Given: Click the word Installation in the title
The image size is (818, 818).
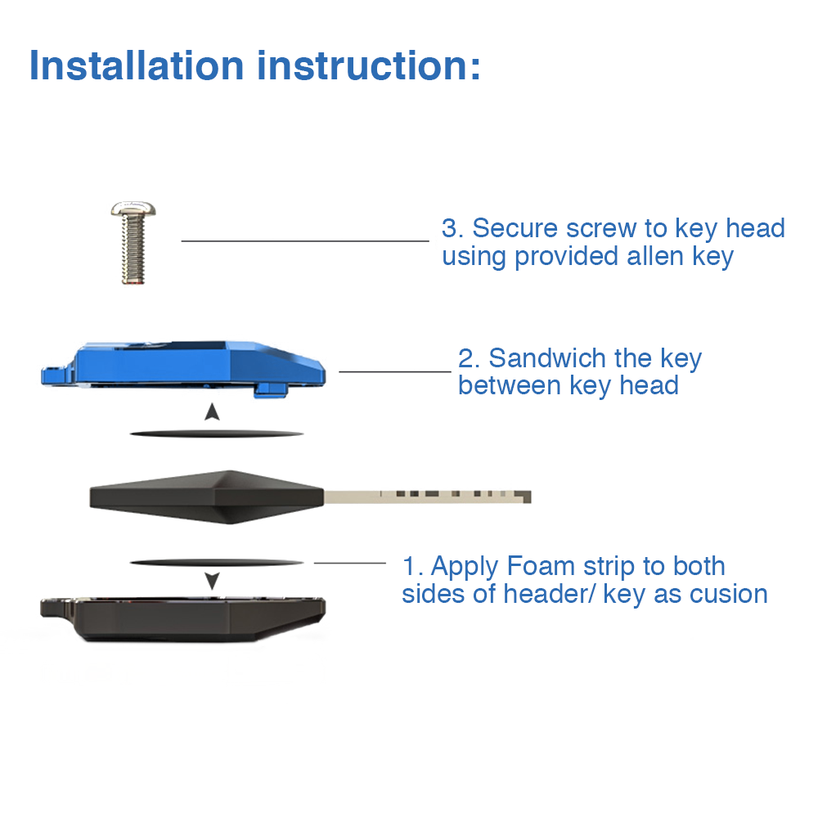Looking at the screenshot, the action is pos(137,65).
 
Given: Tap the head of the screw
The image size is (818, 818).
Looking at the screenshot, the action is pos(133,209).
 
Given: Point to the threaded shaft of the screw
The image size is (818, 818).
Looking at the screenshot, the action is pos(134,250).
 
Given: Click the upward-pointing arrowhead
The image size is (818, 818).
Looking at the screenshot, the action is pos(212,411).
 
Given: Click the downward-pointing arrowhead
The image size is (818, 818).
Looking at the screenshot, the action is pos(212,581).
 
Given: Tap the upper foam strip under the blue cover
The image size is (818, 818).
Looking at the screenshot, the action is pos(217,434).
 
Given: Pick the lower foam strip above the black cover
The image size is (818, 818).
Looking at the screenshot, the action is pos(217,563).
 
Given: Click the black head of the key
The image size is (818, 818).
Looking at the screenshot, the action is pos(207,497).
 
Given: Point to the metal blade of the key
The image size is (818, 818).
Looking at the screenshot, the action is pos(427,497).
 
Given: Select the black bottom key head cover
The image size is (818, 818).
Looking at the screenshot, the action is pos(183,620).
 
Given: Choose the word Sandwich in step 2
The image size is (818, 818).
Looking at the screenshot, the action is pos(547,358).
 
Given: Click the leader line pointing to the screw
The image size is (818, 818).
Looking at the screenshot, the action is pos(305,241).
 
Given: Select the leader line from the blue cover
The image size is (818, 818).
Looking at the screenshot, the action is pos(395,371).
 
